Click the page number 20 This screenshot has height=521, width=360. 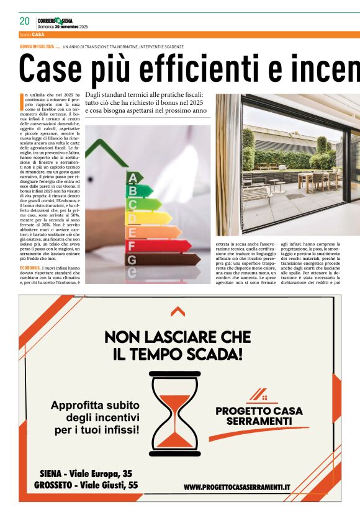tap(25, 21)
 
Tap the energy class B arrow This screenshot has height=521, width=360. tap(139, 190)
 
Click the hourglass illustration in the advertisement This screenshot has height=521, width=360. tap(179, 410)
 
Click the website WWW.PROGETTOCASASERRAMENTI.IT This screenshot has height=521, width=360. tap(236, 487)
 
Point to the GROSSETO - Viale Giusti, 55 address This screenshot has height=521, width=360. tap(86, 485)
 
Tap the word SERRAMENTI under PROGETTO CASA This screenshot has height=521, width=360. tap(259, 422)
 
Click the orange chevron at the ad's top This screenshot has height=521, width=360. tap(178, 312)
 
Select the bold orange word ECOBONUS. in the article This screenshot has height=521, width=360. tap(30, 268)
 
